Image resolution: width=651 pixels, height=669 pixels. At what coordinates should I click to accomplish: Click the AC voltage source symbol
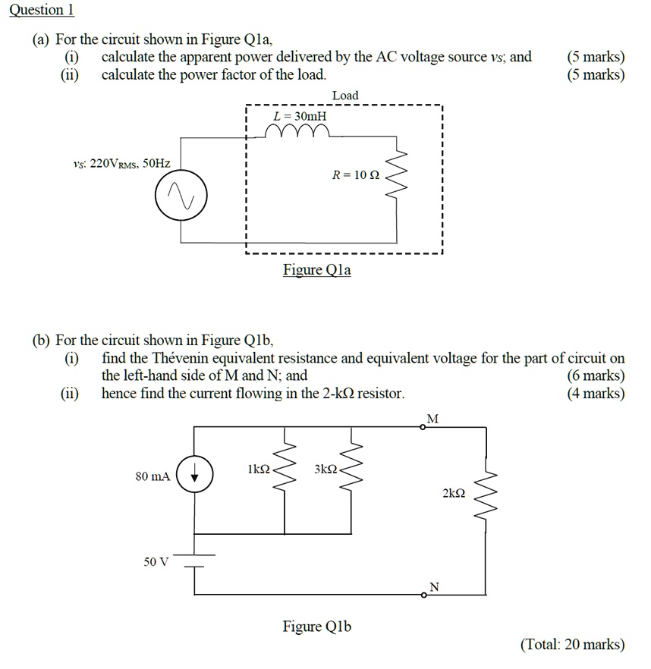(181, 198)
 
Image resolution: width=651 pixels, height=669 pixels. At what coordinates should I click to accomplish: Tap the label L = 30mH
(300, 116)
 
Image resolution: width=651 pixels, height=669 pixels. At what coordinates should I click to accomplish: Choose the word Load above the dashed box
(345, 95)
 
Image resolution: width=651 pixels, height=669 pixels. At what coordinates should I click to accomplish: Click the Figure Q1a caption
(316, 270)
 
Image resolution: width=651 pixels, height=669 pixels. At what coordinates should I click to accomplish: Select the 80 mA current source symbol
(195, 476)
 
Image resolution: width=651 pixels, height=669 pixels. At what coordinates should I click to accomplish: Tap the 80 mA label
(153, 476)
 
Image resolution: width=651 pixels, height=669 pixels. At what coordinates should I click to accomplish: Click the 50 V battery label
(156, 562)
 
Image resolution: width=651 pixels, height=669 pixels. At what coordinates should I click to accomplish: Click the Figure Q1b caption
(316, 627)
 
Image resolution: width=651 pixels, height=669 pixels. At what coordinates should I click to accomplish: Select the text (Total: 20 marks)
(572, 644)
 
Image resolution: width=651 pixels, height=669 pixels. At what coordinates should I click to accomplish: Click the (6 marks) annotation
(596, 375)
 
